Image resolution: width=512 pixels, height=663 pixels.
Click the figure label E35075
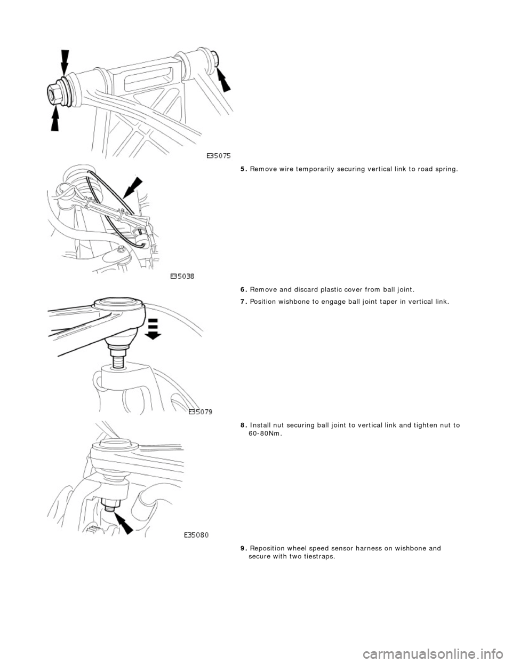219,156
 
